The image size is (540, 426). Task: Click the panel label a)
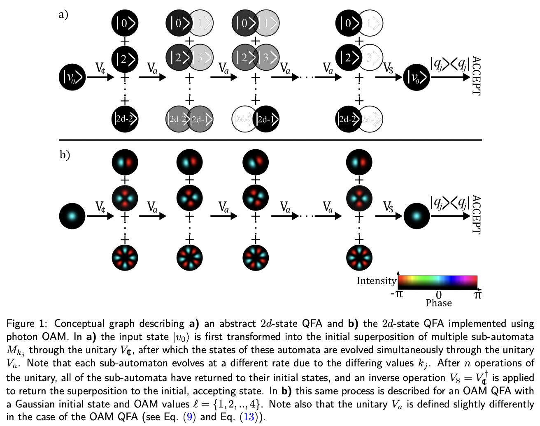(x=63, y=14)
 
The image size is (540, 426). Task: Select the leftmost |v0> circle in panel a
(x=72, y=76)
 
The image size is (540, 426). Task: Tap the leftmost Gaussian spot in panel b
(x=72, y=216)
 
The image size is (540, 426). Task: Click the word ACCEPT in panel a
(x=476, y=76)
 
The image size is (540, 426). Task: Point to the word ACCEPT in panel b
(x=476, y=215)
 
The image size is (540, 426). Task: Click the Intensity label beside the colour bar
(x=376, y=281)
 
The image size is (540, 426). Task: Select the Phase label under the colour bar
(x=438, y=303)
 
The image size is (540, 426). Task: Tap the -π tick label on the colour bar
(x=396, y=294)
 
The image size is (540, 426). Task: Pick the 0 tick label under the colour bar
(x=439, y=295)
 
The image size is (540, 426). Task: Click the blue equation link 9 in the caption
(x=189, y=417)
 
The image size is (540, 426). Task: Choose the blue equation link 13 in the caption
(x=249, y=417)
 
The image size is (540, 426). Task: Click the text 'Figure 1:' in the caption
(x=27, y=324)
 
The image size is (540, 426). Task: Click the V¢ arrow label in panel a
(x=100, y=68)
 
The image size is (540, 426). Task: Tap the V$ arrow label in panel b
(x=388, y=207)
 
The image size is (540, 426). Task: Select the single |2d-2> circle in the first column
(x=125, y=119)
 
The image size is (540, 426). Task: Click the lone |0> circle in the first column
(x=125, y=23)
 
